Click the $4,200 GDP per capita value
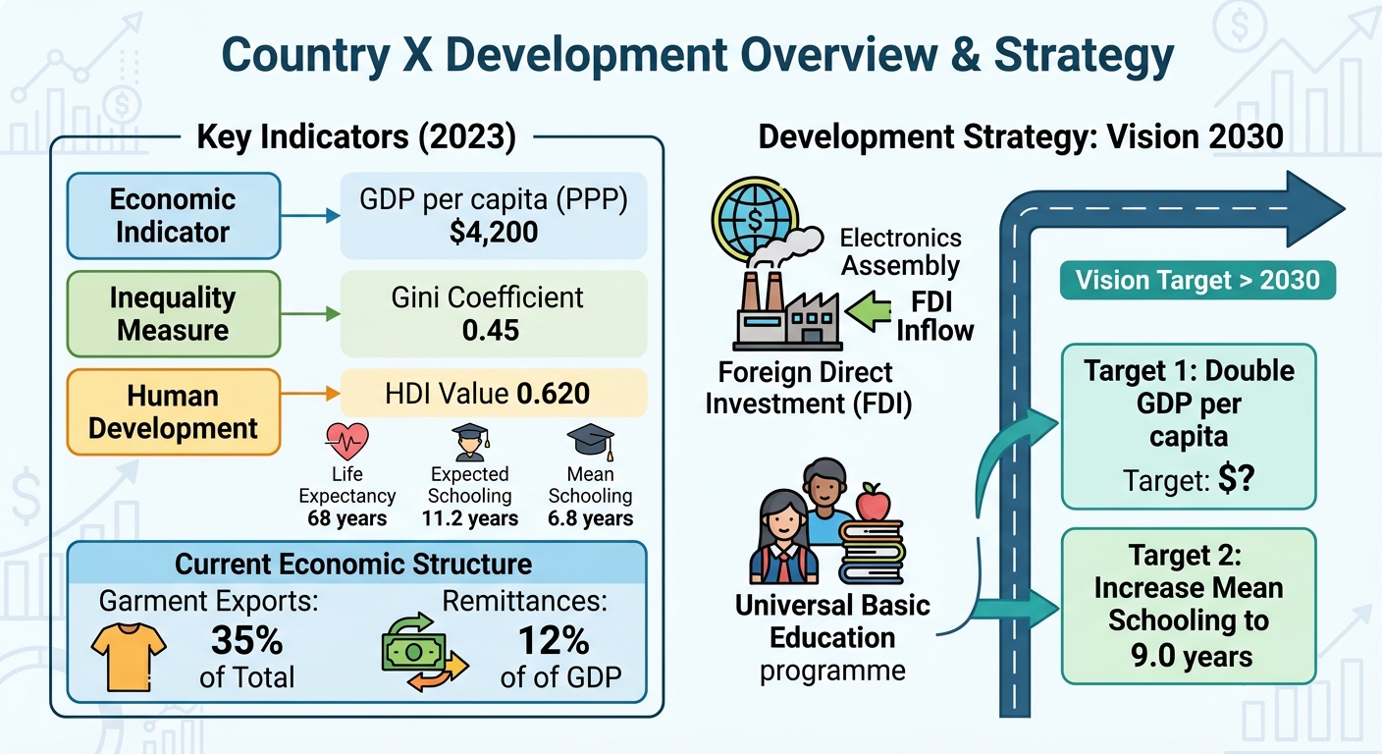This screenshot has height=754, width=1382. point(494,232)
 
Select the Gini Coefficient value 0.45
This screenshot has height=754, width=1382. point(491,330)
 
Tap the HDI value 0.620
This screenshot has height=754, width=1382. point(553,394)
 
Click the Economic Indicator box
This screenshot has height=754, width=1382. point(174,216)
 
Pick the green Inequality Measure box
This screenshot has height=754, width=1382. point(174,314)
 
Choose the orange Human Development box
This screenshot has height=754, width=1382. point(174,412)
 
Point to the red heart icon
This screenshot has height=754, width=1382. point(346,441)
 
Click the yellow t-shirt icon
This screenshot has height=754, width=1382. point(129,657)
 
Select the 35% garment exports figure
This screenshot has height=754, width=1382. point(246,640)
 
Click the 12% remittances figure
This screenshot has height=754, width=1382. point(554,640)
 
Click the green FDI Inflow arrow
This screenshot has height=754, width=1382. point(868,311)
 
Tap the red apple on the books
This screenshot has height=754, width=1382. point(873,503)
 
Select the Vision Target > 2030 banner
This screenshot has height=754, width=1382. point(1197,280)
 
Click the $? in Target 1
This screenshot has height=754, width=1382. point(1236,479)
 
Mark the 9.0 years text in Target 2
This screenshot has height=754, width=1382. point(1192,656)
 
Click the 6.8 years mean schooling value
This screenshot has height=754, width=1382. point(591,518)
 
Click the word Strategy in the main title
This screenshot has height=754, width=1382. point(1084,57)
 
